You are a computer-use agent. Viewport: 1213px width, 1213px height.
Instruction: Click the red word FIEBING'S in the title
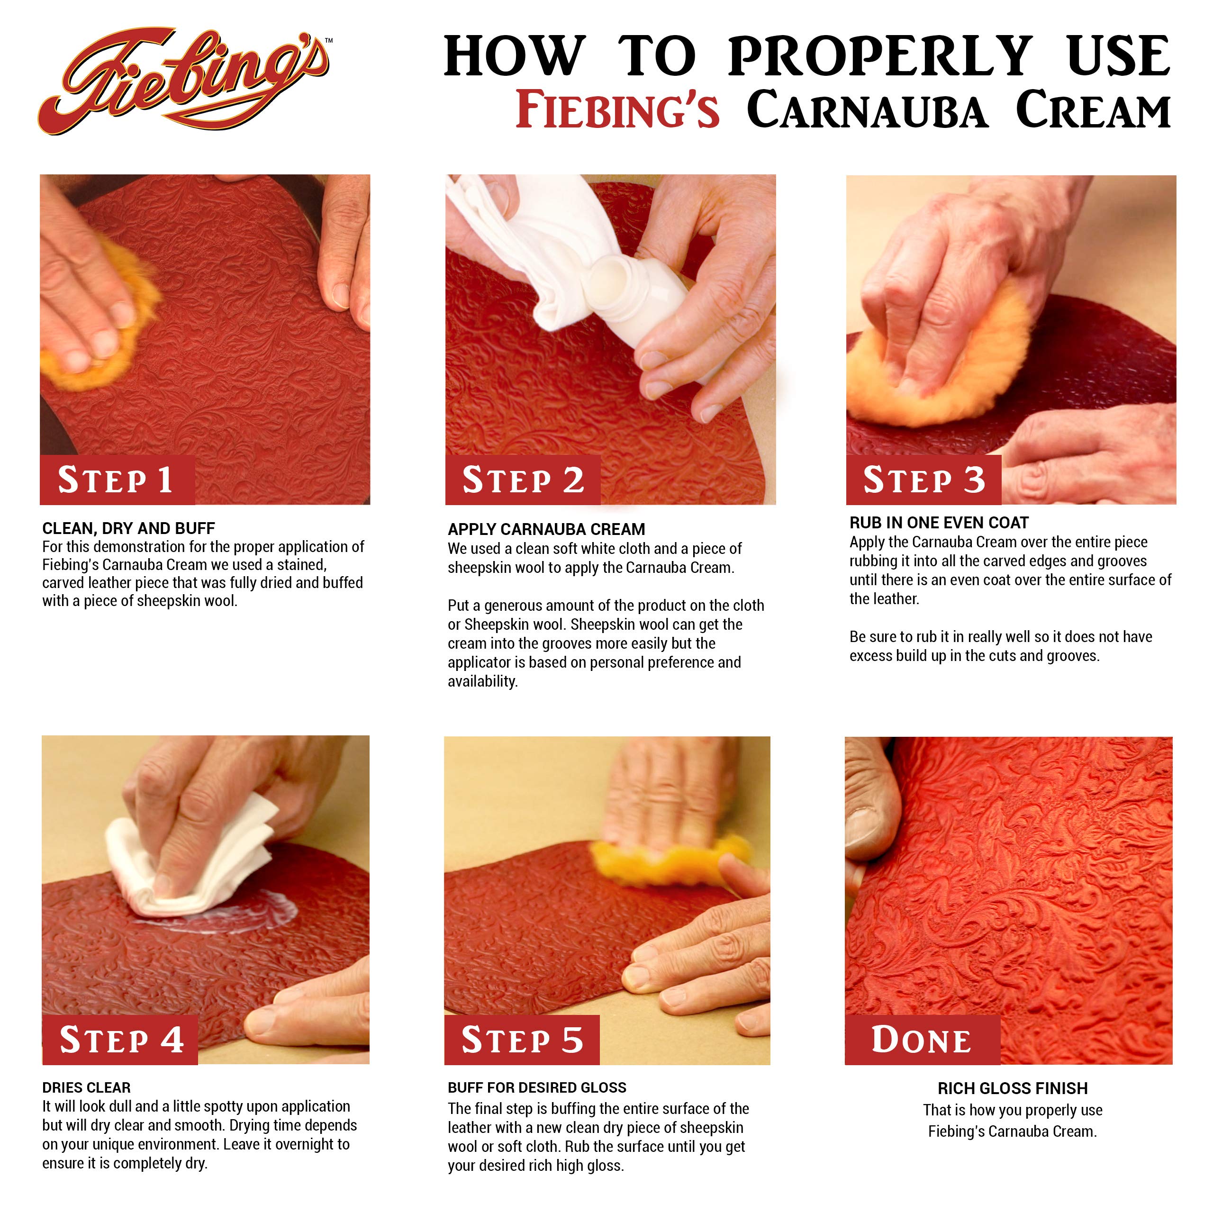coord(617,110)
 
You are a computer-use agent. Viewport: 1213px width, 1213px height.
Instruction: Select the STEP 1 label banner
coord(117,480)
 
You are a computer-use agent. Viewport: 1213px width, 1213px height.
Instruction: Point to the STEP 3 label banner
coord(923,480)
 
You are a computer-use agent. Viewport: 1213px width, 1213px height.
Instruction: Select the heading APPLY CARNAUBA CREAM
coord(546,529)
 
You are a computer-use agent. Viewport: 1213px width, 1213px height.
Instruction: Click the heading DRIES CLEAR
coord(86,1087)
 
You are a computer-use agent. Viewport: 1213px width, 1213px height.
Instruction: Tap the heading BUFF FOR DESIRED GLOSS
coord(537,1087)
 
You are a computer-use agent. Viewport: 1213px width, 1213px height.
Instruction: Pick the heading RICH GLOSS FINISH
coord(1012,1088)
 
